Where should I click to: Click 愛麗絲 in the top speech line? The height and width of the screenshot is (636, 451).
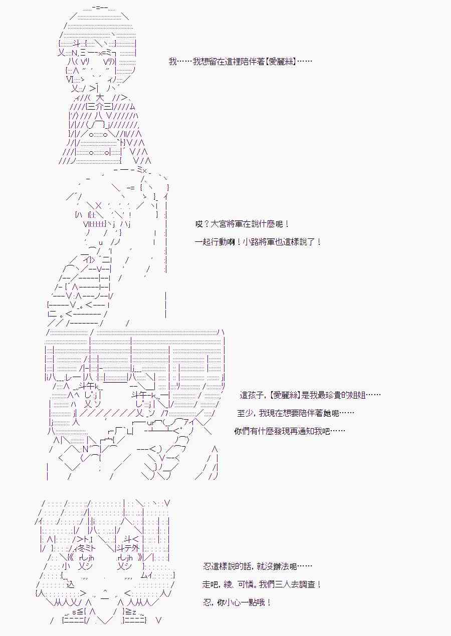point(282,61)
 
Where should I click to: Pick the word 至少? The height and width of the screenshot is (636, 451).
point(245,413)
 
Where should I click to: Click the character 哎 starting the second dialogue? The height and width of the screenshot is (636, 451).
point(199,224)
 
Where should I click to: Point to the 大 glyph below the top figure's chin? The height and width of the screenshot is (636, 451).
point(100,98)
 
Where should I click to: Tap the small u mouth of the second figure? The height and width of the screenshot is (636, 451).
point(101,243)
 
